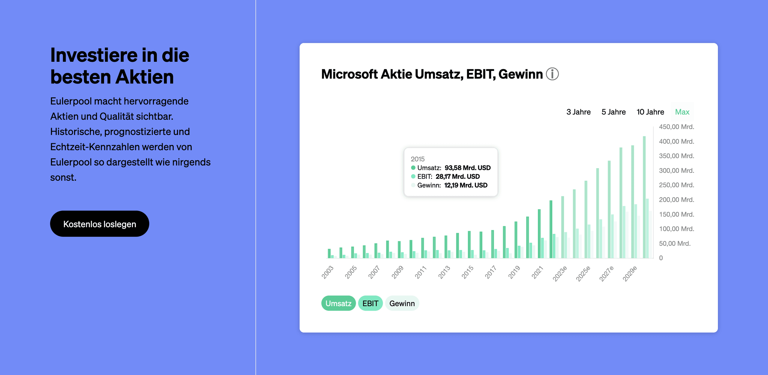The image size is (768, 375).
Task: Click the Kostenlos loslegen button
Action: (100, 224)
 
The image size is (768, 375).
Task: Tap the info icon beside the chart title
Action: (552, 74)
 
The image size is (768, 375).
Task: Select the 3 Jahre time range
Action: (578, 112)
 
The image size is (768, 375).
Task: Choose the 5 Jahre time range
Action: (613, 112)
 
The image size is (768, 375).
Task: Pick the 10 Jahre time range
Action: (650, 112)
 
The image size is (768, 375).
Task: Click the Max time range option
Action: (682, 112)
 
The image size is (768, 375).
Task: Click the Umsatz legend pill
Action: (338, 303)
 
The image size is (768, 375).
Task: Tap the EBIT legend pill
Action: (370, 303)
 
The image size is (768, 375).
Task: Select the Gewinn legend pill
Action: (402, 303)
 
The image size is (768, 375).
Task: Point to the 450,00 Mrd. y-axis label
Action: (676, 127)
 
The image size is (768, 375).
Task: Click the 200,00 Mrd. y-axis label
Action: (676, 200)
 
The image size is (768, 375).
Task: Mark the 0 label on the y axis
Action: (661, 258)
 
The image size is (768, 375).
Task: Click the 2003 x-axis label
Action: (327, 272)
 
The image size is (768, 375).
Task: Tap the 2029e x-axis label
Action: (629, 273)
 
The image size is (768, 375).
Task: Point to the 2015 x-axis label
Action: (467, 272)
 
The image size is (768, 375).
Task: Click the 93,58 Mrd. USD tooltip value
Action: (467, 168)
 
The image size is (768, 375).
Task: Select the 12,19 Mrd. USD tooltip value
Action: (466, 185)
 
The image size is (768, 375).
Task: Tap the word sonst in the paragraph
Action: (63, 177)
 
